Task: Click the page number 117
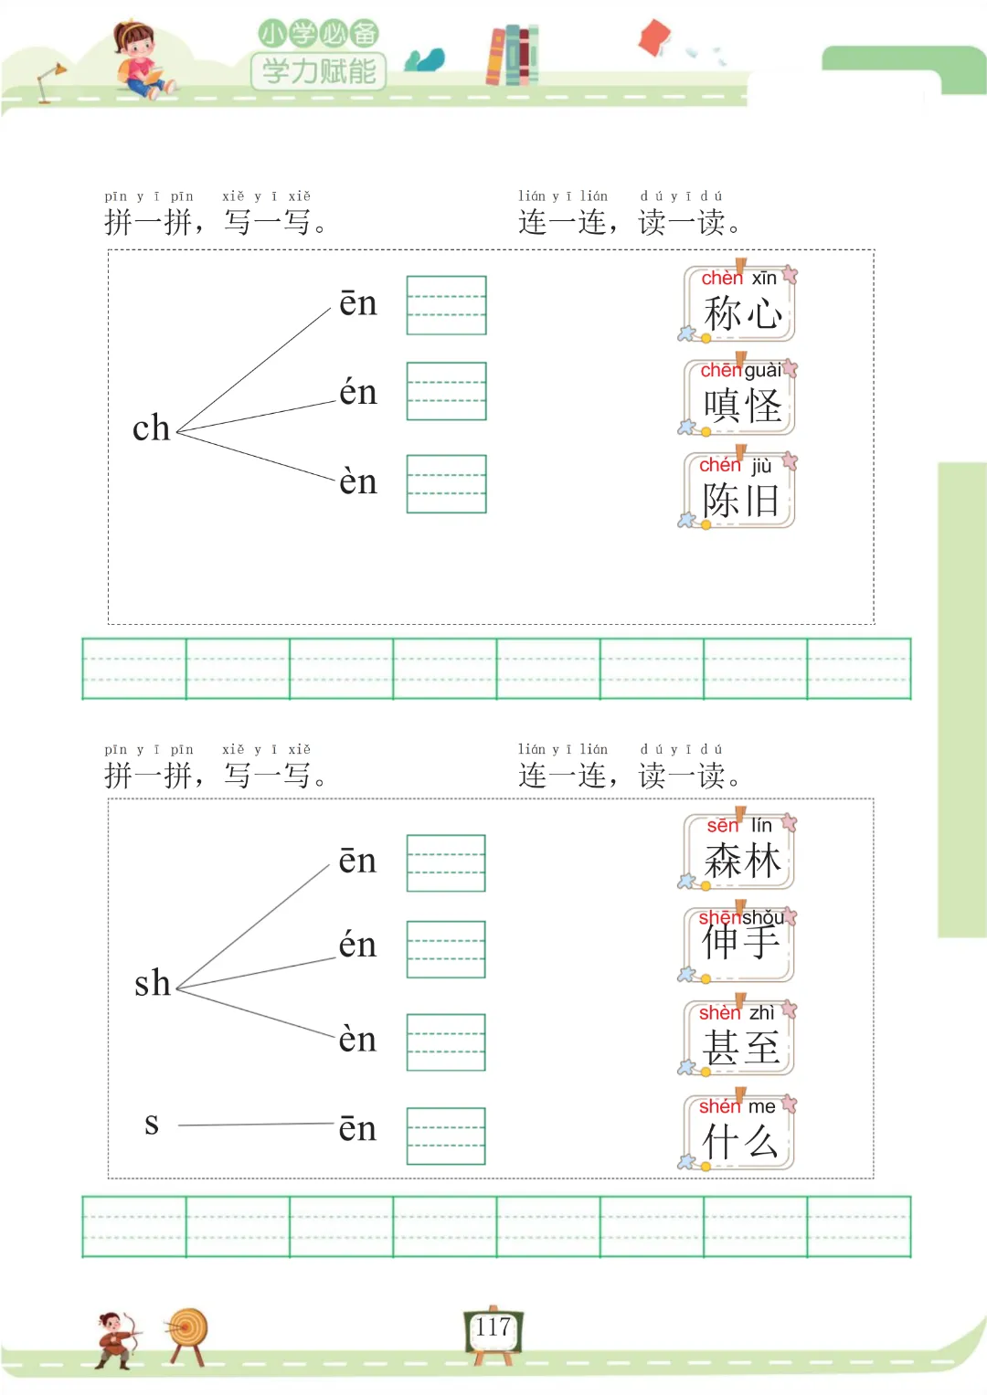point(493,1327)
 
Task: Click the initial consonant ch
point(152,428)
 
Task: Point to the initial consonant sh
point(153,984)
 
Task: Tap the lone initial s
point(152,1124)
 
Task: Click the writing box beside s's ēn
point(446,1136)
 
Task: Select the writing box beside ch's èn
point(446,483)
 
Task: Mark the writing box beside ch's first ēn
point(446,305)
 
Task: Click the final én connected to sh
point(357,945)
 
